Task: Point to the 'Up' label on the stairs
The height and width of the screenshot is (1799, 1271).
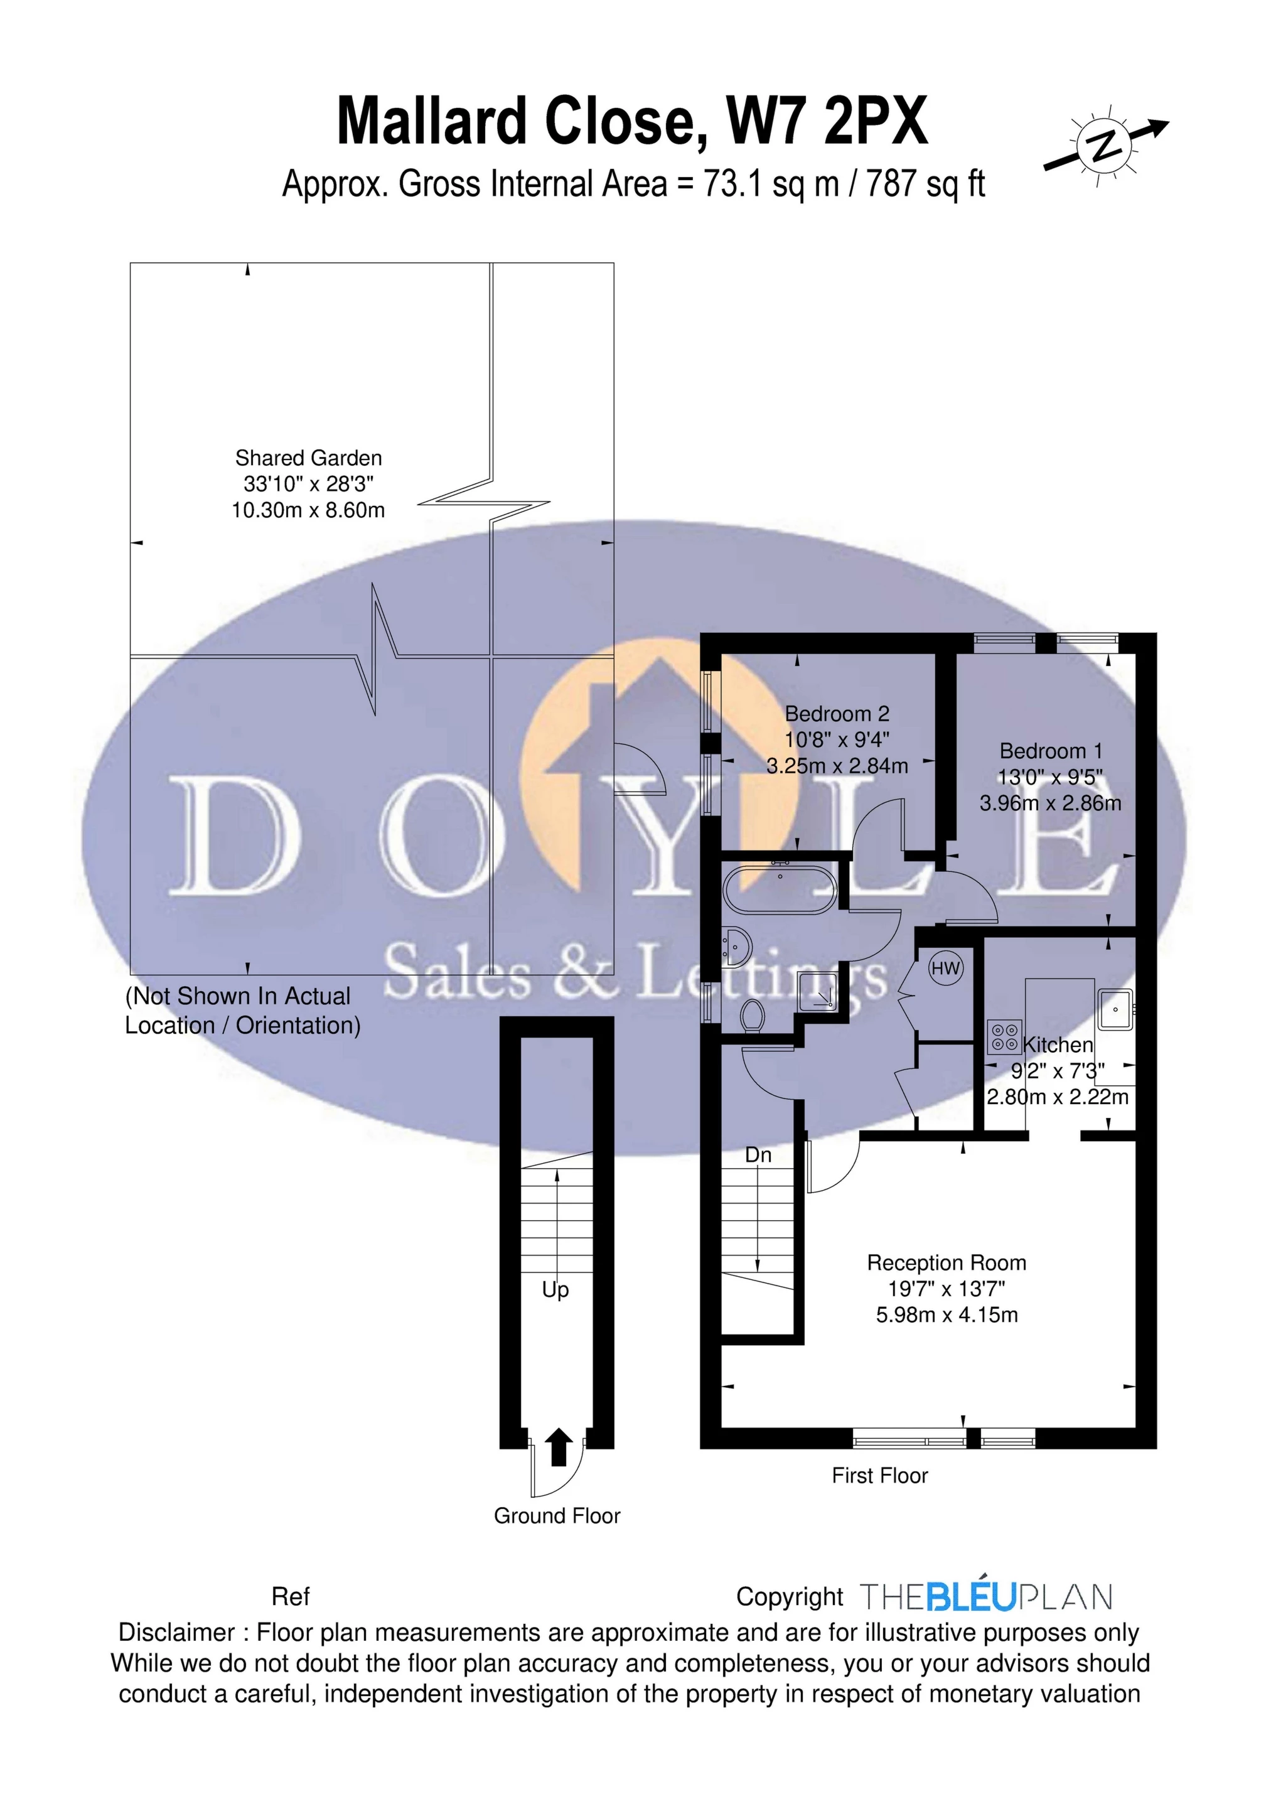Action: point(555,1291)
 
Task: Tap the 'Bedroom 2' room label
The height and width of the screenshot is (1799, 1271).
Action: point(837,714)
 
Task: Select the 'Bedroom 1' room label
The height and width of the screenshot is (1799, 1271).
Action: point(1051,751)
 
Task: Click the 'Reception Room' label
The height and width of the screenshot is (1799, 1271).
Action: point(946,1262)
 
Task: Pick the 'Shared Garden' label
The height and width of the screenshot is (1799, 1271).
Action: point(308,458)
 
